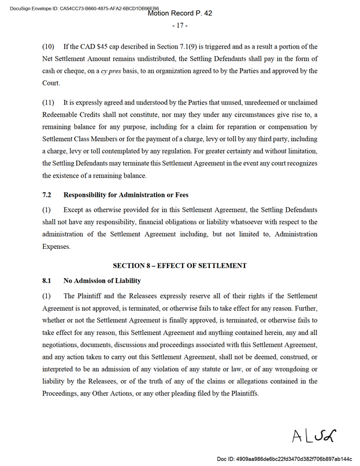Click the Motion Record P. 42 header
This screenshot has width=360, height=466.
(x=180, y=13)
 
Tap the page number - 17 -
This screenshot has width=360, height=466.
(x=179, y=25)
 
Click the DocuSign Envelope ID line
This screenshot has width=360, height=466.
(x=81, y=8)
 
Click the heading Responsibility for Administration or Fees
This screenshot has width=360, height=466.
(x=125, y=195)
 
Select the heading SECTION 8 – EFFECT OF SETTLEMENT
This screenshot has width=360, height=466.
(x=179, y=266)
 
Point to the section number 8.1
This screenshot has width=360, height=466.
(x=47, y=281)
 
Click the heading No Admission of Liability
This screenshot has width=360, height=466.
(x=102, y=281)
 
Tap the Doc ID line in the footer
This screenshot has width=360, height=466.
(x=284, y=459)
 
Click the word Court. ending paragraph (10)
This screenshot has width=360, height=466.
(x=51, y=83)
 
